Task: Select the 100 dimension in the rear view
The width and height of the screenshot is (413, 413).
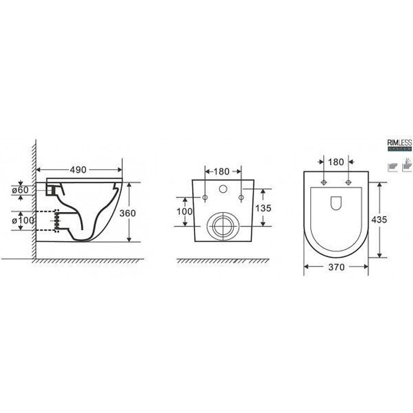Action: [x=185, y=212]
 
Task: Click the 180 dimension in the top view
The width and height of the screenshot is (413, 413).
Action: [x=336, y=162]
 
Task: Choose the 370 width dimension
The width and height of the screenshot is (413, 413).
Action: [x=336, y=267]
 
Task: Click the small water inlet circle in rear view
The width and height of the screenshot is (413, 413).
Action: [x=223, y=189]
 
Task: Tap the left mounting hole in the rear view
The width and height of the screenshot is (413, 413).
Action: [x=204, y=198]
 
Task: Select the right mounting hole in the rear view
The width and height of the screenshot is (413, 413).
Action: [x=241, y=198]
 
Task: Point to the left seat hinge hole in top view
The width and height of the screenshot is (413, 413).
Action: [x=324, y=182]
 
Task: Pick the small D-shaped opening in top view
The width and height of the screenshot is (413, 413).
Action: [x=336, y=203]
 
